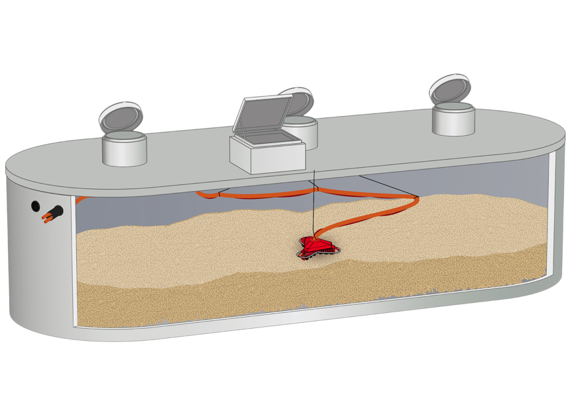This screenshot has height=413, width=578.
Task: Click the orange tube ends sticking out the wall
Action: point(46,218)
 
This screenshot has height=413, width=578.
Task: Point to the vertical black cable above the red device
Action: point(312,206)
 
